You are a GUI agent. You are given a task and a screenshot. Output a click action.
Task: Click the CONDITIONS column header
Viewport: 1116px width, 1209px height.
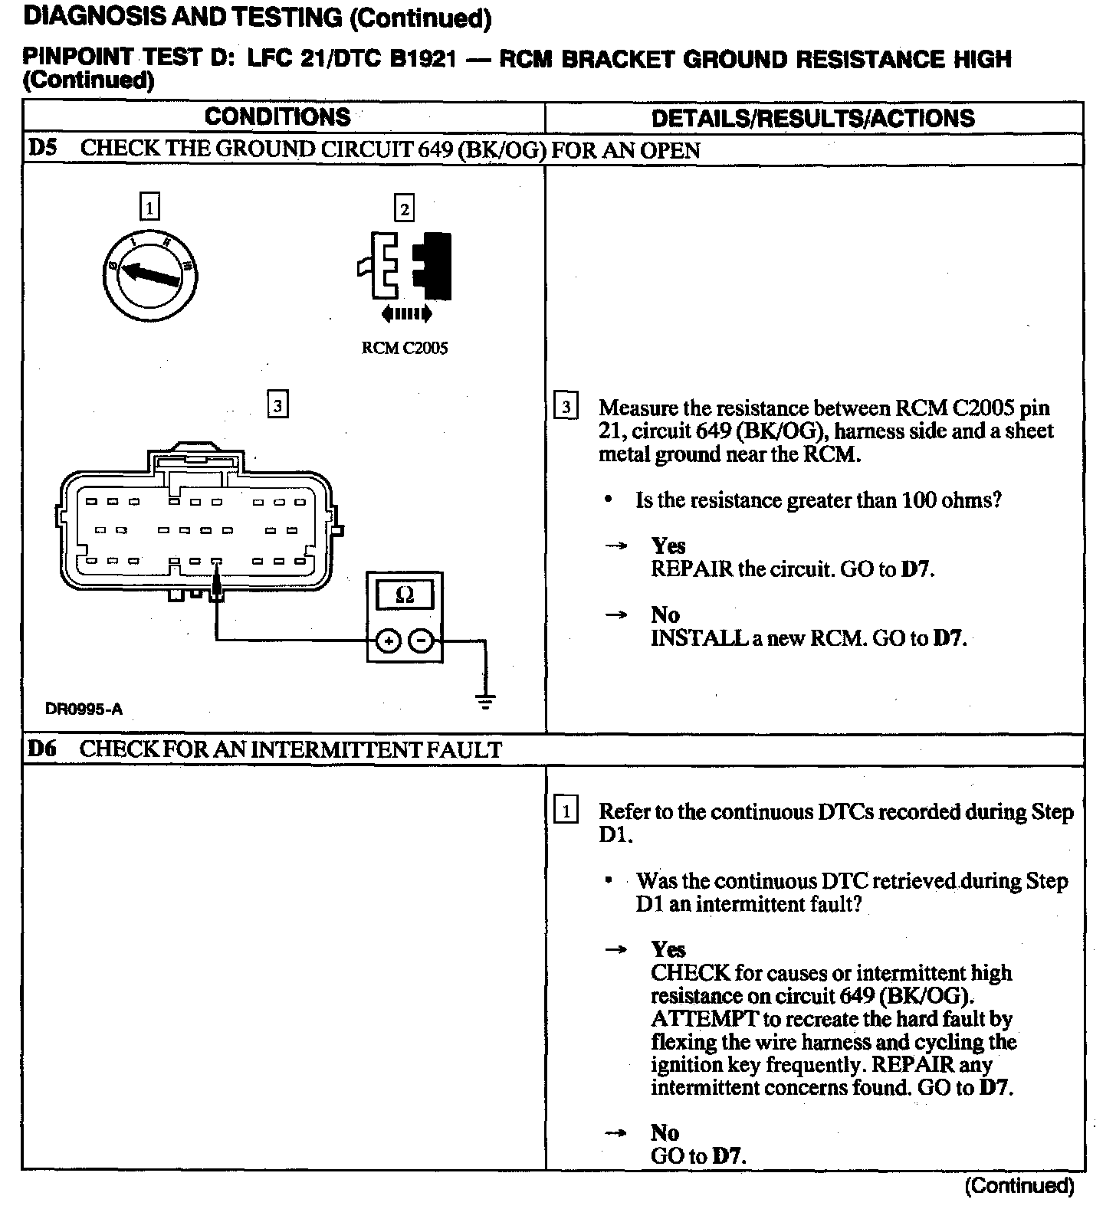click(277, 117)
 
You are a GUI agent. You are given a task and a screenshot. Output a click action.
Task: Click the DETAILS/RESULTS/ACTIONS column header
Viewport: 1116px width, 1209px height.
click(812, 118)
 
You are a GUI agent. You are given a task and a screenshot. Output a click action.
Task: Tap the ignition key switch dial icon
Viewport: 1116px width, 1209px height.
click(150, 274)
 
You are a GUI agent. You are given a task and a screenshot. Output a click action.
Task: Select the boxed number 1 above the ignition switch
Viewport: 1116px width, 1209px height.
click(150, 207)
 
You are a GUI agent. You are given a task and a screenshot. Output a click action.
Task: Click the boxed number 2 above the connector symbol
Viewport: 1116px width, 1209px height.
click(404, 208)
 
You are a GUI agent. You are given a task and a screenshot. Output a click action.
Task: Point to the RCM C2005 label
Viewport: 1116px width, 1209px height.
click(404, 348)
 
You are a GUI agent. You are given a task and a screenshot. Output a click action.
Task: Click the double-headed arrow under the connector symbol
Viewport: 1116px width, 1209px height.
click(406, 313)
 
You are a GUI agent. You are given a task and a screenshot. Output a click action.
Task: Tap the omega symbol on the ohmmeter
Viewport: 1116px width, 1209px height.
click(405, 595)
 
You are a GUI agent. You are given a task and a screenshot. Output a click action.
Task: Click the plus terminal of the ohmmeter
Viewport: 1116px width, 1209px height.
click(389, 641)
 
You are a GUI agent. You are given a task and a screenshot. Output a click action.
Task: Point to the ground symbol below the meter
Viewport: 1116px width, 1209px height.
click(485, 700)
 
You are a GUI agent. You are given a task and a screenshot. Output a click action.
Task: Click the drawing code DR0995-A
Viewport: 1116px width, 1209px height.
click(84, 709)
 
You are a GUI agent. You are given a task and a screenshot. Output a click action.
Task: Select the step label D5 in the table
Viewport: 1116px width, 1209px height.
click(43, 148)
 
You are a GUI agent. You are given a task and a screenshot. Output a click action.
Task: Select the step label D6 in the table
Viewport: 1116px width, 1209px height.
click(43, 749)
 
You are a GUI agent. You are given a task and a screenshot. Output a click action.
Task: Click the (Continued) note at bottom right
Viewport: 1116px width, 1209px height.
click(1019, 1186)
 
